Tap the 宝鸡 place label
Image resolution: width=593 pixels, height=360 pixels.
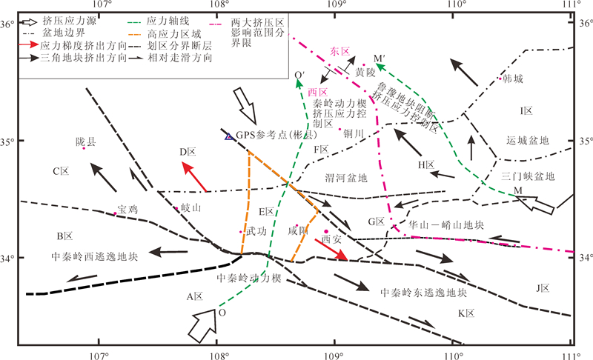pyautogui.click(x=127, y=210)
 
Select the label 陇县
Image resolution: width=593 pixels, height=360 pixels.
pyautogui.click(x=85, y=141)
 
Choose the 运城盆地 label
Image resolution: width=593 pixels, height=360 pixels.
pyautogui.click(x=528, y=140)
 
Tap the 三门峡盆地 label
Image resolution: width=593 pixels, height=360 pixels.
pyautogui.click(x=528, y=176)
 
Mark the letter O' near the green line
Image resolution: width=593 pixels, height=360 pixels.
pyautogui.click(x=299, y=75)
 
